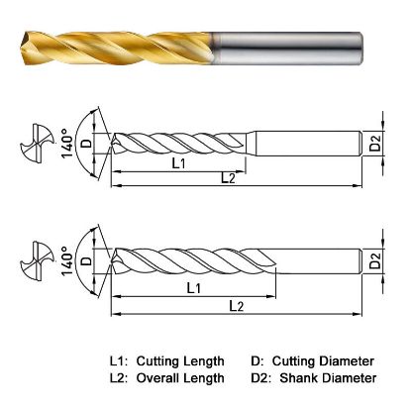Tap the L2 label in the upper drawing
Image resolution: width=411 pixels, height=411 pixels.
pyautogui.click(x=227, y=176)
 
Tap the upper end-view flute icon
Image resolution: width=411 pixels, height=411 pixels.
pyautogui.click(x=37, y=143)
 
